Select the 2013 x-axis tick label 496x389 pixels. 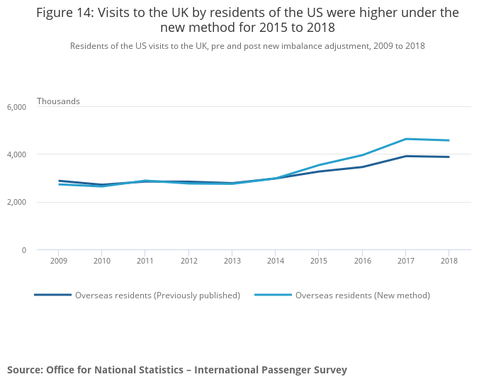pyautogui.click(x=232, y=261)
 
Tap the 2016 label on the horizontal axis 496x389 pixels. pyautogui.click(x=362, y=261)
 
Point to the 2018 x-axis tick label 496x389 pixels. pyautogui.click(x=449, y=261)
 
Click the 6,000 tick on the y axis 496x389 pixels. pyautogui.click(x=16, y=107)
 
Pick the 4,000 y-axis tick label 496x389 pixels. pyautogui.click(x=16, y=154)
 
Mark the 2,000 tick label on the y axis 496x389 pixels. pyautogui.click(x=16, y=203)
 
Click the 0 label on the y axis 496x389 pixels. pyautogui.click(x=23, y=250)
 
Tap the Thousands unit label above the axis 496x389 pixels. pyautogui.click(x=58, y=101)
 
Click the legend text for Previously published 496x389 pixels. pyautogui.click(x=157, y=295)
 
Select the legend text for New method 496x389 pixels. pyautogui.click(x=362, y=295)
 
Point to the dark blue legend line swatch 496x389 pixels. pyautogui.click(x=52, y=295)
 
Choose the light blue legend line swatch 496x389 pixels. pyautogui.click(x=273, y=295)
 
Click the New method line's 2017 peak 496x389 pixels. pyautogui.click(x=405, y=139)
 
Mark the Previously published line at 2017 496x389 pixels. pyautogui.click(x=405, y=156)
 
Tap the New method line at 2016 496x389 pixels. pyautogui.click(x=362, y=155)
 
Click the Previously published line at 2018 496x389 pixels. pyautogui.click(x=449, y=157)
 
